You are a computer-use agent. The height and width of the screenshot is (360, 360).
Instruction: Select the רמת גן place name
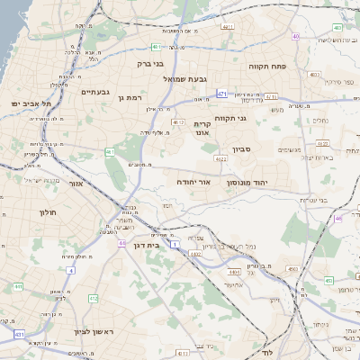130,96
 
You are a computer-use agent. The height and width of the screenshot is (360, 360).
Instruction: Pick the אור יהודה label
193,181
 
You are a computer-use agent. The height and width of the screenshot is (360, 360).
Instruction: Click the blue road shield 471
221,92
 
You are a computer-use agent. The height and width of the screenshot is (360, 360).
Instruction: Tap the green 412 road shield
93,297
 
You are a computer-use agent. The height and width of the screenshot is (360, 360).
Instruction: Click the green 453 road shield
292,268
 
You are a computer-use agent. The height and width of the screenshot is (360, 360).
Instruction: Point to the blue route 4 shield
70,269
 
